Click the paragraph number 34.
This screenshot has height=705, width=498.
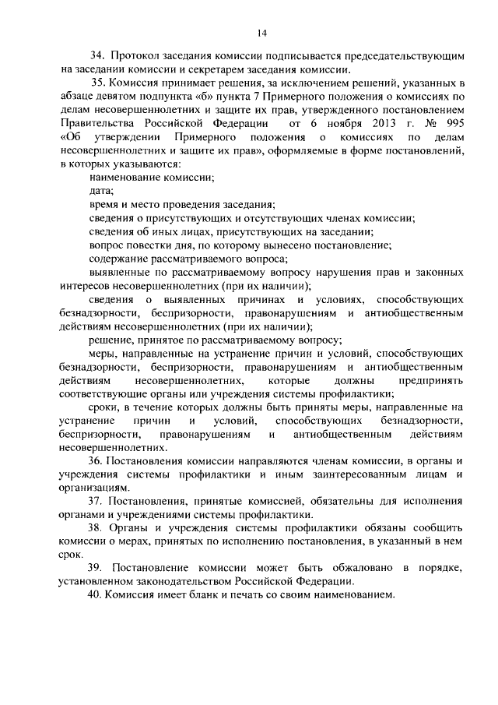(97, 57)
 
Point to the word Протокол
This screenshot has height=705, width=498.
(135, 57)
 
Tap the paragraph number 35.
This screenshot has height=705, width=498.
(97, 83)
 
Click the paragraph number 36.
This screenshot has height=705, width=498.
(97, 462)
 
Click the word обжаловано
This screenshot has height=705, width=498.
(333, 569)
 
